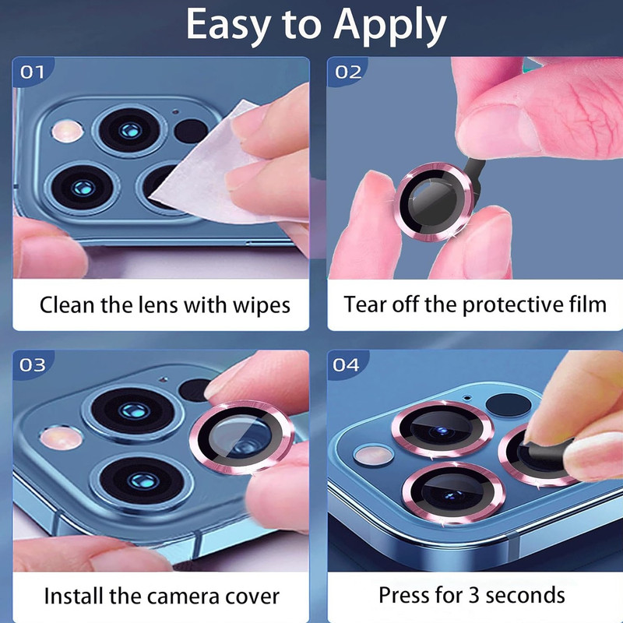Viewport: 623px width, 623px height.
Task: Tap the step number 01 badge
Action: pyautogui.click(x=32, y=72)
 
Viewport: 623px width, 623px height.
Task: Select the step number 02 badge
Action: pyautogui.click(x=348, y=72)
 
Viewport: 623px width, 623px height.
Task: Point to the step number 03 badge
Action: pyautogui.click(x=32, y=364)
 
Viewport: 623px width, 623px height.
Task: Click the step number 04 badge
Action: pyautogui.click(x=346, y=364)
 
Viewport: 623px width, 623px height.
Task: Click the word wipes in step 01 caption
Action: pyautogui.click(x=261, y=305)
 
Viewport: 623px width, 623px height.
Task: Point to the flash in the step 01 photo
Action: pyautogui.click(x=67, y=130)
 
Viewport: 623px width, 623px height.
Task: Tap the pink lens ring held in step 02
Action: pyautogui.click(x=435, y=202)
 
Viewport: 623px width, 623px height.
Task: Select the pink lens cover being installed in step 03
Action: pyautogui.click(x=241, y=438)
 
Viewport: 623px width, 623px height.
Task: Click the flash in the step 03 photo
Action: pyautogui.click(x=61, y=438)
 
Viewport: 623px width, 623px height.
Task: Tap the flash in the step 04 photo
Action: pyautogui.click(x=373, y=456)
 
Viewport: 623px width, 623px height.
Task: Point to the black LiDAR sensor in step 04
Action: pyautogui.click(x=509, y=405)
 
